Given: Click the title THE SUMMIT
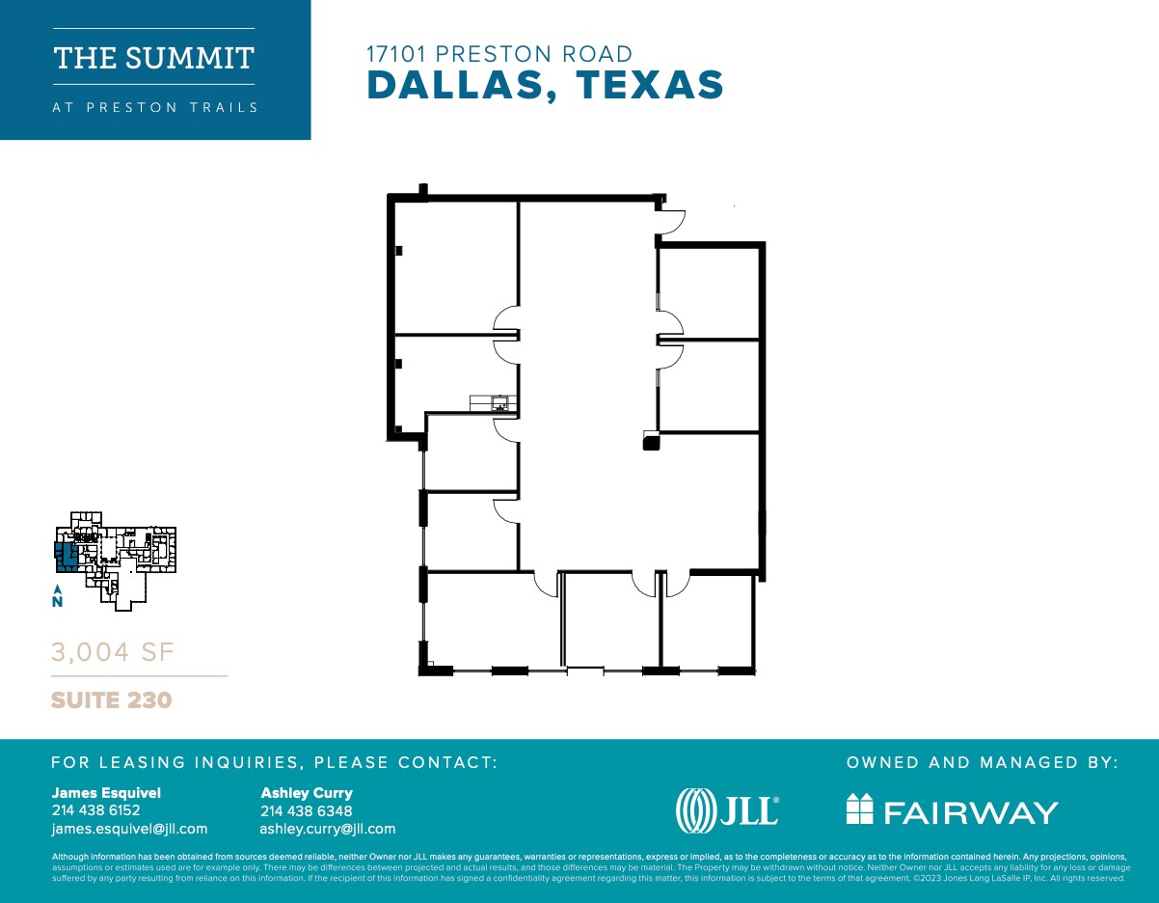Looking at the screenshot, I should click(154, 58).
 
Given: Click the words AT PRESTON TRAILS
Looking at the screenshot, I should click(154, 107).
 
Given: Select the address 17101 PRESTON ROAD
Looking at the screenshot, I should click(499, 55).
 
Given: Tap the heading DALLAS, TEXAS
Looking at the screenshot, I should click(545, 86).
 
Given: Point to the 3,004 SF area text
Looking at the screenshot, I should click(112, 653).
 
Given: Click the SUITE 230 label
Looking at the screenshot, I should click(111, 699).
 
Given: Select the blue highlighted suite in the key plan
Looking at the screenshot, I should click(67, 557).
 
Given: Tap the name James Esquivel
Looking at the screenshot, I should click(106, 793).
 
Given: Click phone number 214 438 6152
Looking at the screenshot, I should click(95, 810).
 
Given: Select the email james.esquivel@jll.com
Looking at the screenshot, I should click(129, 829).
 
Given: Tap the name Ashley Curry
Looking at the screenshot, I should click(307, 793).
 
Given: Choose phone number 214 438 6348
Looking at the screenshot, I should click(306, 810).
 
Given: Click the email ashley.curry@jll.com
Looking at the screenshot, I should click(327, 829).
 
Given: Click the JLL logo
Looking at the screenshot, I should click(727, 810).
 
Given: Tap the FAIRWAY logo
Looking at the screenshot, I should click(952, 811).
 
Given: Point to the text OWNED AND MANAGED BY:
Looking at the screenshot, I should click(982, 762).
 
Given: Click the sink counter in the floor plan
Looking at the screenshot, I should click(494, 402).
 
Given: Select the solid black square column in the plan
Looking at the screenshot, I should click(652, 443).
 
